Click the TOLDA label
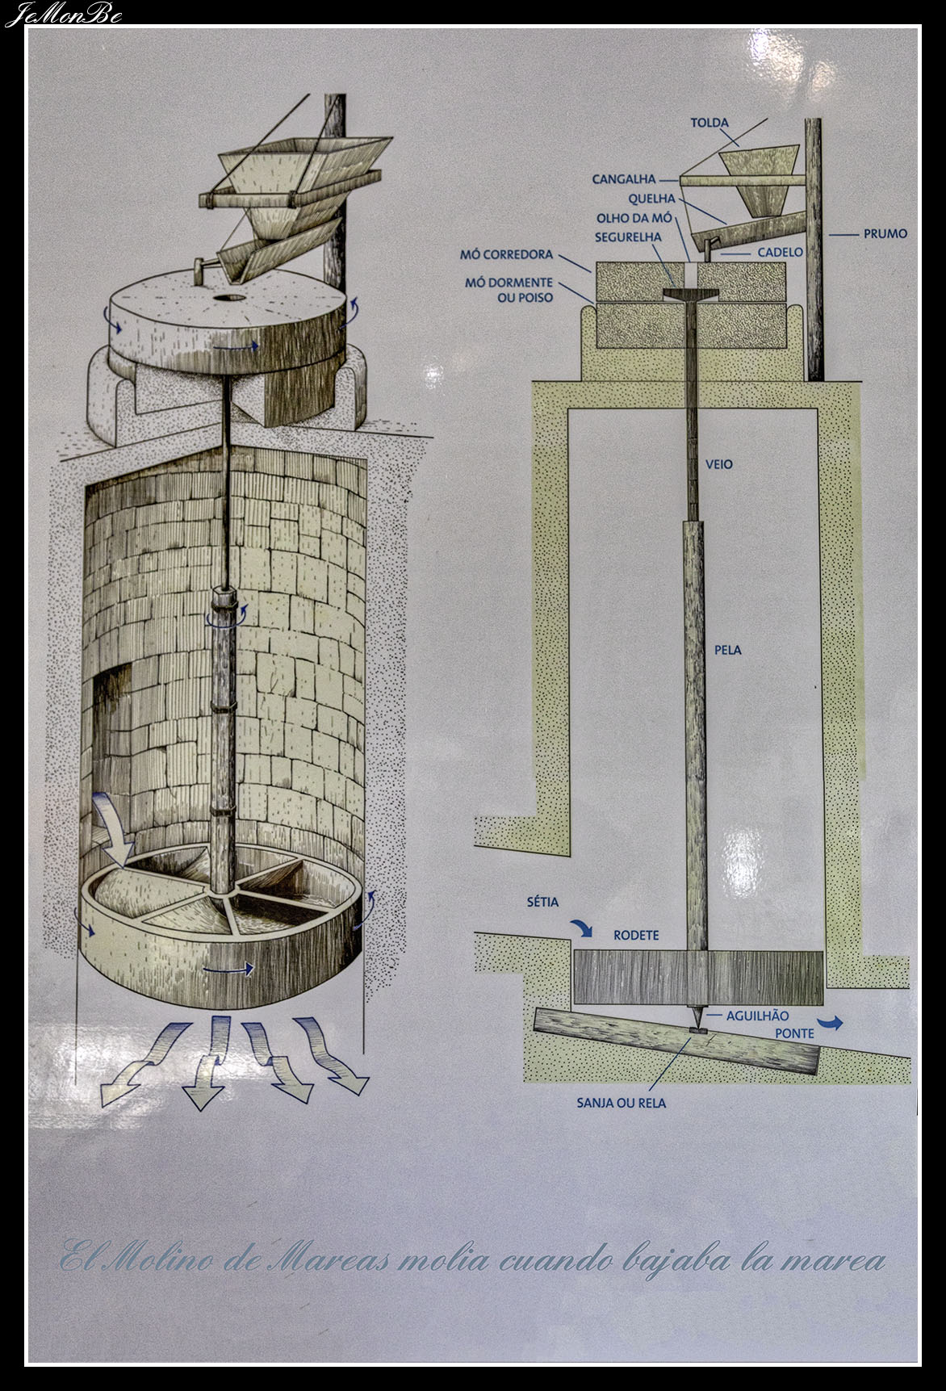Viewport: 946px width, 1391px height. [709, 124]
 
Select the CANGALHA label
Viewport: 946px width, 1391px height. [624, 179]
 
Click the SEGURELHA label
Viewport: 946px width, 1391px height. [628, 237]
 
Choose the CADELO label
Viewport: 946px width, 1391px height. [781, 253]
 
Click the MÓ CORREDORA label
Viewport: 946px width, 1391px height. [506, 254]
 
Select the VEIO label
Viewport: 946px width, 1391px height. [718, 464]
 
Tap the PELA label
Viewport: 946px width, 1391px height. [728, 650]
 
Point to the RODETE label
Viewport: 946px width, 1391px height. [637, 936]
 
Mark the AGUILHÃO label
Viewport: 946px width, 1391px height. [756, 1016]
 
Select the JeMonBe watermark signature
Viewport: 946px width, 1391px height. [63, 15]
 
